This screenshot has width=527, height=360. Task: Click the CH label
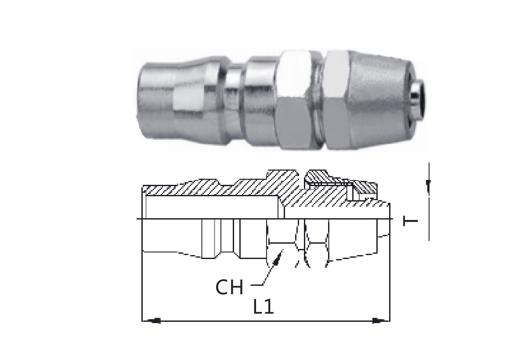pyautogui.click(x=229, y=287)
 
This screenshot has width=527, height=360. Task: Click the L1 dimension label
pyautogui.click(x=263, y=306)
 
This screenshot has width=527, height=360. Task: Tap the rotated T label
pyautogui.click(x=410, y=221)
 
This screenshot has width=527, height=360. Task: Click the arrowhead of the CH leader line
pyautogui.click(x=278, y=257)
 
